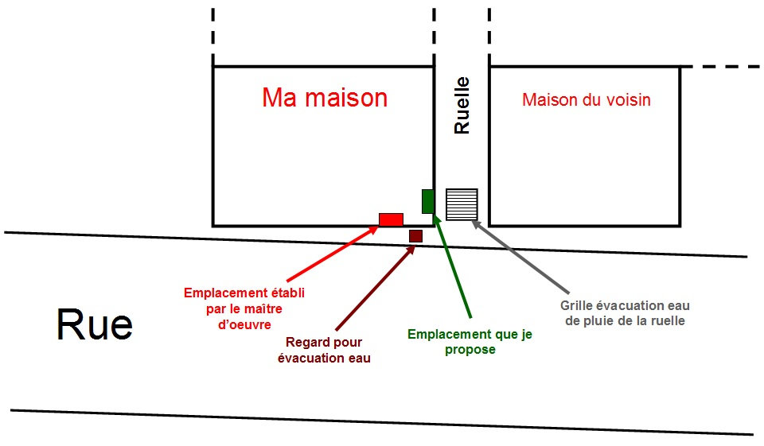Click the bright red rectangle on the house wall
392,219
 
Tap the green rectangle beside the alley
428,201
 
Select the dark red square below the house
415,236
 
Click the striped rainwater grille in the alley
462,204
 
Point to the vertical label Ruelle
462,105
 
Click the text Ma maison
325,97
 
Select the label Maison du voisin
587,100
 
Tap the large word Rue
95,325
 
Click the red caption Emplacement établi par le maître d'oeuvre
244,308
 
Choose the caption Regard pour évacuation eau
324,350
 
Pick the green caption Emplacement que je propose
470,342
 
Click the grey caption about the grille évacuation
625,313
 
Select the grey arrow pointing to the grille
520,257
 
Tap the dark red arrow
375,288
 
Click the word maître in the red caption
263,309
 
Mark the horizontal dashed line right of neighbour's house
722,66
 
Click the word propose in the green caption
470,350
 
